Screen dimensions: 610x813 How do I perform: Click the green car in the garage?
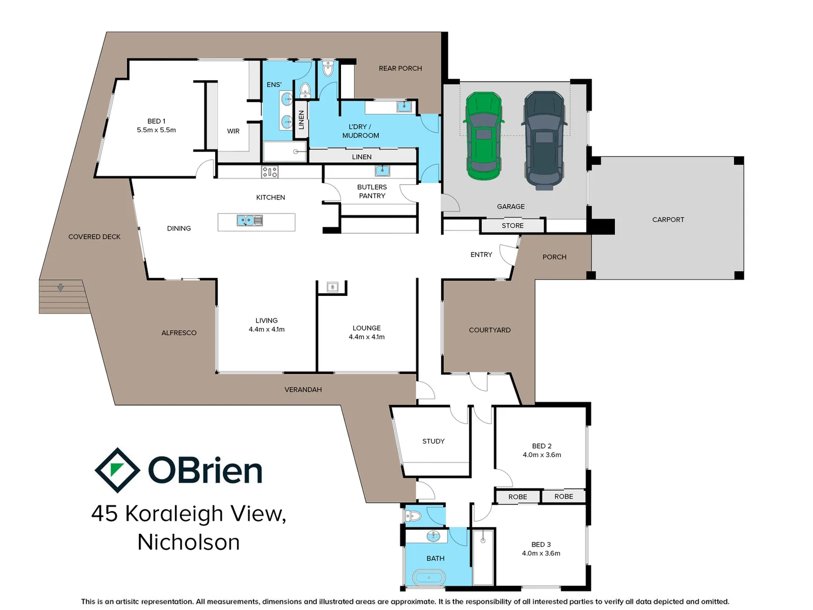point(483,136)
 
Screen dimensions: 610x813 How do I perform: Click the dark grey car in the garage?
point(544,140)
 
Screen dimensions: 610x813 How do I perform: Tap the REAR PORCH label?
point(400,68)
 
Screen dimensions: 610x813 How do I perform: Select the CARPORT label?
point(668,220)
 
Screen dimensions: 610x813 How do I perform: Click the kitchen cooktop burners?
point(270,172)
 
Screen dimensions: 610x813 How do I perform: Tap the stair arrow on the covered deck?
point(60,288)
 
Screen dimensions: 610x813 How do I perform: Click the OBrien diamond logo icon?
point(117,470)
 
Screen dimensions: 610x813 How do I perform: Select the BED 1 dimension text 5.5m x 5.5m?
point(156,130)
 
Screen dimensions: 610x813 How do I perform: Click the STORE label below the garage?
point(513,226)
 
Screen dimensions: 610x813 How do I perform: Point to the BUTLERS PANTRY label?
point(372,191)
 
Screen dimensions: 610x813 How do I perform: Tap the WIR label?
point(233,131)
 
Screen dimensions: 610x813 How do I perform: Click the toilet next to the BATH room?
point(413,516)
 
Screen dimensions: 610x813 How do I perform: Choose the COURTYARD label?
point(489,330)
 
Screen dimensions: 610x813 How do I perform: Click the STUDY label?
point(433,441)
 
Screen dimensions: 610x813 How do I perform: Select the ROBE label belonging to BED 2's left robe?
point(517,497)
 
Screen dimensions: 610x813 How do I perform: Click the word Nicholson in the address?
point(189,542)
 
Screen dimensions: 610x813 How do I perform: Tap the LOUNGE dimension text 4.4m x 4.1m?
point(366,337)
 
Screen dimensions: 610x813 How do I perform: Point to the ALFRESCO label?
point(179,333)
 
